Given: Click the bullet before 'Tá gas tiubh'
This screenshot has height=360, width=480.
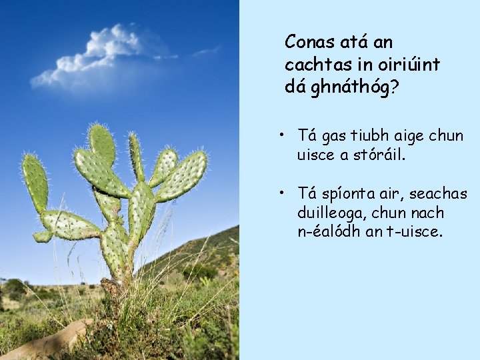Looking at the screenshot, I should tap(283, 135).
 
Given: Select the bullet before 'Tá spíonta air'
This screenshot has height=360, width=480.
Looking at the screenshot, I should tap(283, 193).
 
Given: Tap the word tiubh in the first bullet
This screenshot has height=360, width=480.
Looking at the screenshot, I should tap(364, 136).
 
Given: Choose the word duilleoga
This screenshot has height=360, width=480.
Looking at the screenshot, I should tap(329, 213).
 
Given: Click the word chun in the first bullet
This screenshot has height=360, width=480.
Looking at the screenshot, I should tap(446, 136).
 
